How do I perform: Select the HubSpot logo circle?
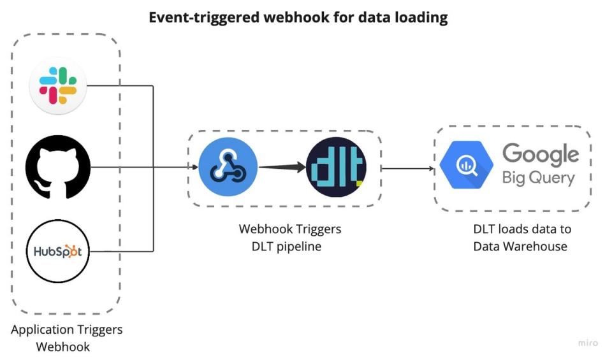click(x=58, y=251)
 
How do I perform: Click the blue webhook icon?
click(x=228, y=168)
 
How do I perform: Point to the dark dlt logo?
click(x=336, y=168)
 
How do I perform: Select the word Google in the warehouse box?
click(x=541, y=154)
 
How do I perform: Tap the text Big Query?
click(x=538, y=178)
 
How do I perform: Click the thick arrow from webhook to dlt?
click(x=281, y=168)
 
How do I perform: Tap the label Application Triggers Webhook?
click(x=66, y=338)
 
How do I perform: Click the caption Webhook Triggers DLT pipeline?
click(x=290, y=237)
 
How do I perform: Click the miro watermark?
click(x=588, y=343)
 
